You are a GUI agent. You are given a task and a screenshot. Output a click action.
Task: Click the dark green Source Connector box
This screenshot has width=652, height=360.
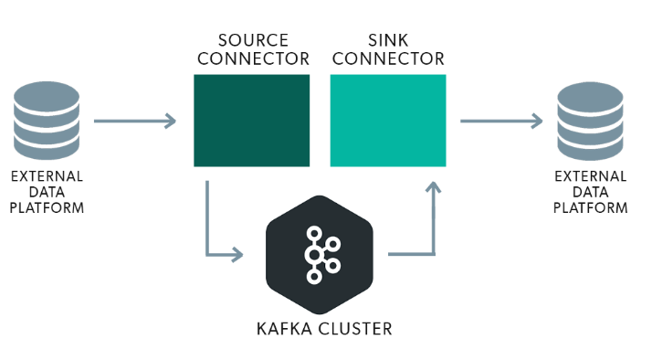[251, 121]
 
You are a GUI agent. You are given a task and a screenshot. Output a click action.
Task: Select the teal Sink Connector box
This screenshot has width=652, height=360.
[388, 121]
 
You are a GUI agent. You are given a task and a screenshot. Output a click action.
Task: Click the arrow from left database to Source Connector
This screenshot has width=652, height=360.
[135, 120]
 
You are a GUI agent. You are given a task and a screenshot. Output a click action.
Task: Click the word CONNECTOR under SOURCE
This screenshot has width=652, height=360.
[251, 59]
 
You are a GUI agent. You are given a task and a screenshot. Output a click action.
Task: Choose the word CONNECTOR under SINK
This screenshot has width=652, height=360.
[388, 59]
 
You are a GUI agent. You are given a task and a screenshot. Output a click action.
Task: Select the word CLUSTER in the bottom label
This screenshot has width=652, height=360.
[351, 326]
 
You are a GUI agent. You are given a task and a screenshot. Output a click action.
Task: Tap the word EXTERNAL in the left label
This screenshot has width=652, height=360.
[47, 176]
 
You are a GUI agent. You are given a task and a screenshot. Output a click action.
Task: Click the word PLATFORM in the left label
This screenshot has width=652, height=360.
[47, 207]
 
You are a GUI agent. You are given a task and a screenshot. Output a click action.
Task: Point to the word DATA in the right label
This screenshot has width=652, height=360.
[594, 192]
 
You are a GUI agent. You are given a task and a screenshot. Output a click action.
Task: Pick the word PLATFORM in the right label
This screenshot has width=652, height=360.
[594, 207]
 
